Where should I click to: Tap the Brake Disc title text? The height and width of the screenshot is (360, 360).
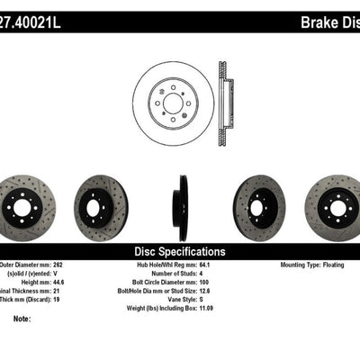(319, 17)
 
